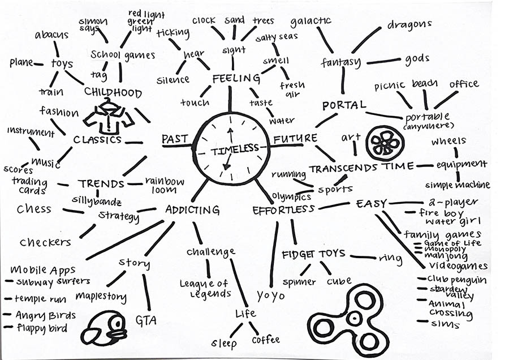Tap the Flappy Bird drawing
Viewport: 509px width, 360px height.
105,328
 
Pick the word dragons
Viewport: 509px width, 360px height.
409,25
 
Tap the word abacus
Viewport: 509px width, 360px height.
51,35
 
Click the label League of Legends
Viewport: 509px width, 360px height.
205,289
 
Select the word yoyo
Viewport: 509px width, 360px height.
270,295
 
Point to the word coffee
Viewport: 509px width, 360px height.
265,340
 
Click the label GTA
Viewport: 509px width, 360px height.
145,321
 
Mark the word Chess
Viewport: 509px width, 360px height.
34,209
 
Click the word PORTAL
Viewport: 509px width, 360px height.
344,105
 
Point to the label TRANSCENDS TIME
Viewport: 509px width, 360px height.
360,168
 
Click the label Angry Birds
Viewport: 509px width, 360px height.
40,315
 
